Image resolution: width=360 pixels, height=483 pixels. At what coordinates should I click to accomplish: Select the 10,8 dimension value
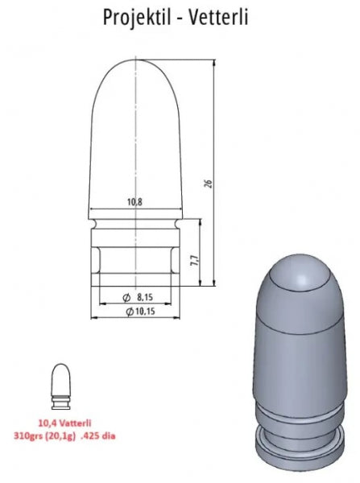(x=134, y=202)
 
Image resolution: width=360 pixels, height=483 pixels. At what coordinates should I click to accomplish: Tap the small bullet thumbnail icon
(x=60, y=386)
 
